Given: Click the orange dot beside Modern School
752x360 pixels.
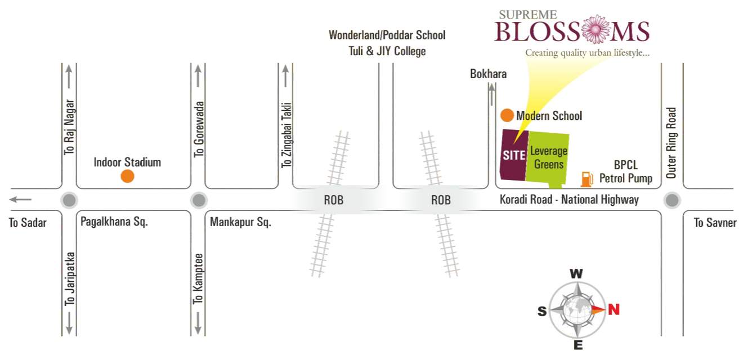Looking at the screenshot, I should [x=507, y=116].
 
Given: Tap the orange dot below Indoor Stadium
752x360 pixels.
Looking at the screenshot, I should [x=128, y=176].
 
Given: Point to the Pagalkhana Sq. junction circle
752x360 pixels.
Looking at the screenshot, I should [x=69, y=200].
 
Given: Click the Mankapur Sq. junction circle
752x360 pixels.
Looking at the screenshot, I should [x=198, y=200].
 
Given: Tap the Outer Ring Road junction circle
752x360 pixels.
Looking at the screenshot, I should [x=672, y=200].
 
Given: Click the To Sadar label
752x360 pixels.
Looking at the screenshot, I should [x=28, y=223].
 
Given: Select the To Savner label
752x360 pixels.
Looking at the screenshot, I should [x=715, y=223].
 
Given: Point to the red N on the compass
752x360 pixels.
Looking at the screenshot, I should [x=614, y=309].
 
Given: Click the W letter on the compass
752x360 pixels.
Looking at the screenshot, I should [x=576, y=274].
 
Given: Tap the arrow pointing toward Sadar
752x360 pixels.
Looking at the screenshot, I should [x=21, y=199].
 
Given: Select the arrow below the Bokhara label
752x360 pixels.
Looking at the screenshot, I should [x=493, y=93].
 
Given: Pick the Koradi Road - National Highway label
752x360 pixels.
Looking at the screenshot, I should [x=569, y=200].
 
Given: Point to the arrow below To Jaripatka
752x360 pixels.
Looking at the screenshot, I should [x=69, y=325].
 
